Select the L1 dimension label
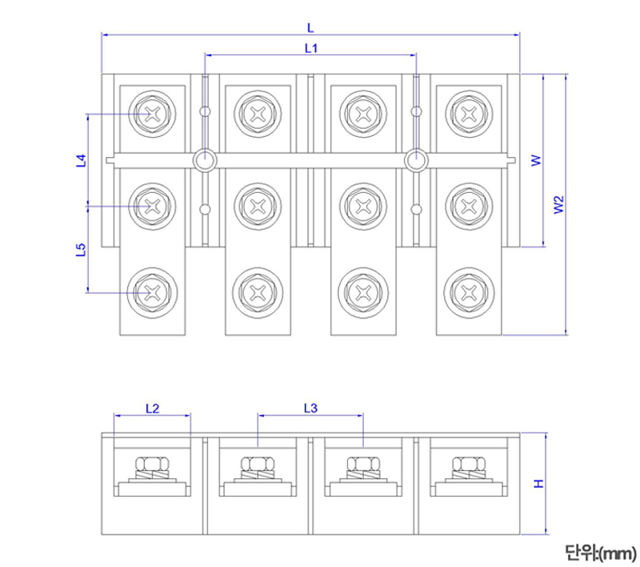coord(311,48)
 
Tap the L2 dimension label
coord(152,408)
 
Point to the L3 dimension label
coord(311,408)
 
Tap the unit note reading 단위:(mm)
coord(599,552)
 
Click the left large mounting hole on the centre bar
coord(206,160)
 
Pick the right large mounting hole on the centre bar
coord(416,160)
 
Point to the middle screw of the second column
coord(258,207)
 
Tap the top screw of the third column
coord(362,114)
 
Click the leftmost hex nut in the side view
coord(152,464)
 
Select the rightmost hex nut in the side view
coord(468,464)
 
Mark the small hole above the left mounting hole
coord(206,111)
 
